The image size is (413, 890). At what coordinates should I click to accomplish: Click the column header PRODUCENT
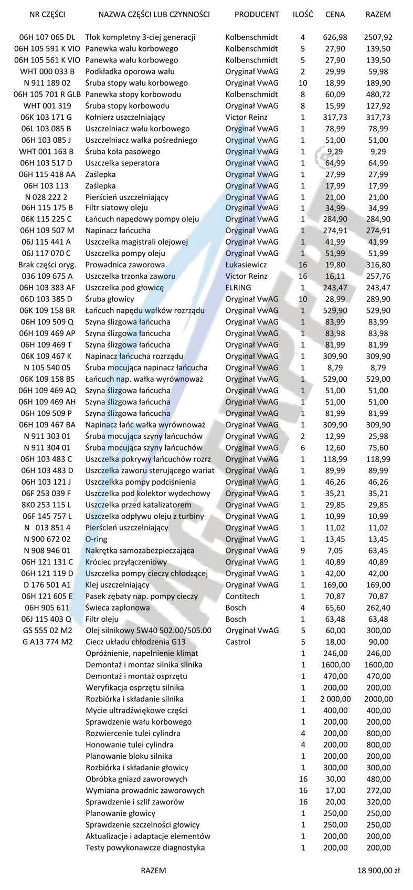pyautogui.click(x=257, y=14)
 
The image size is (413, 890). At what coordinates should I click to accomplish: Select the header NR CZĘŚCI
pyautogui.click(x=47, y=14)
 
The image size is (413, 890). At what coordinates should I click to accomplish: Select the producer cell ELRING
pyautogui.click(x=238, y=288)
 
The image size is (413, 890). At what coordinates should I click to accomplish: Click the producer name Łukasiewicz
pyautogui.click(x=246, y=265)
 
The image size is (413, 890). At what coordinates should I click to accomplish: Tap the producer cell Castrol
pyautogui.click(x=238, y=642)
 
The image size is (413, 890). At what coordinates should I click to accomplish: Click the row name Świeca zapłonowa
pyautogui.click(x=118, y=608)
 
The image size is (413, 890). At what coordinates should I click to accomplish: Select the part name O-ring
pyautogui.click(x=96, y=539)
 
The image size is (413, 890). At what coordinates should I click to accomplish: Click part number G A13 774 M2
pyautogui.click(x=47, y=642)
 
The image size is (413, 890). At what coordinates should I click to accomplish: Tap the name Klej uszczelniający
pyautogui.click(x=118, y=584)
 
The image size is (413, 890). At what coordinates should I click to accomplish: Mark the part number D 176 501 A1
pyautogui.click(x=47, y=584)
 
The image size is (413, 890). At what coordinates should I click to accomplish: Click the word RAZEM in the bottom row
pyautogui.click(x=153, y=870)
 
